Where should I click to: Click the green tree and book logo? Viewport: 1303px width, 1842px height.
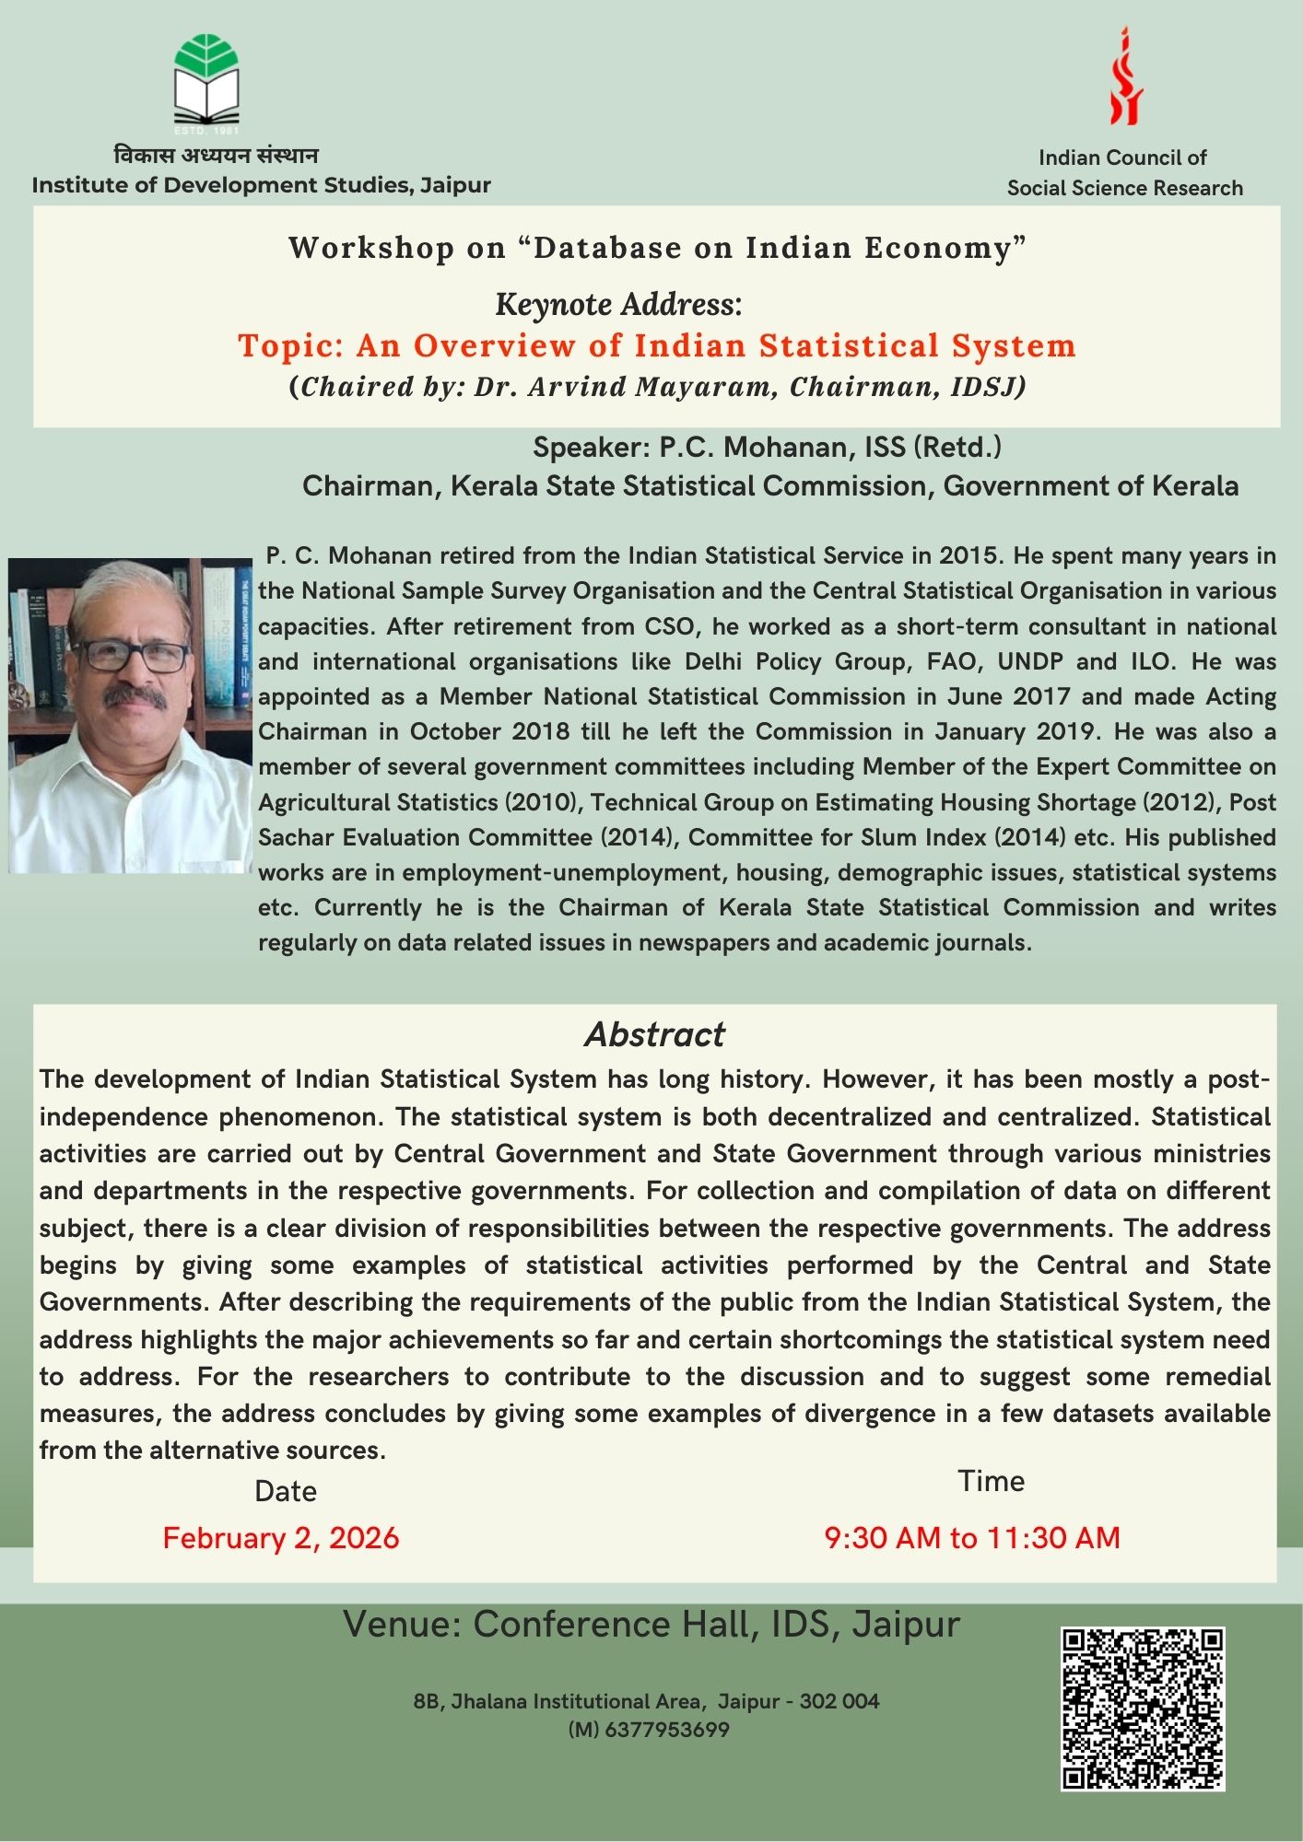206,80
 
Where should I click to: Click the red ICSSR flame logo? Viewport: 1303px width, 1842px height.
1125,78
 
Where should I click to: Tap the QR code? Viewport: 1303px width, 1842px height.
1143,1709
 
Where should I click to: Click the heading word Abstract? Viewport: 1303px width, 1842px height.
654,1034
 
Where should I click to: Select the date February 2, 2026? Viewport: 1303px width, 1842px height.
281,1538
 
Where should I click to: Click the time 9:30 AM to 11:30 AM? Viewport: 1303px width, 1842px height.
972,1537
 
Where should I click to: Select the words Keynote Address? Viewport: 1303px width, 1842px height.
618,303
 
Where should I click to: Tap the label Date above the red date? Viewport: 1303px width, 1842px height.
286,1491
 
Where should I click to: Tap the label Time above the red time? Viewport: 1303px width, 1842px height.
991,1481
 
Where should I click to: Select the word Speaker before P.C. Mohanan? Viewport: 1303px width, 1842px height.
591,448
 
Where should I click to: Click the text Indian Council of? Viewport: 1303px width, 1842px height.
1122,157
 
